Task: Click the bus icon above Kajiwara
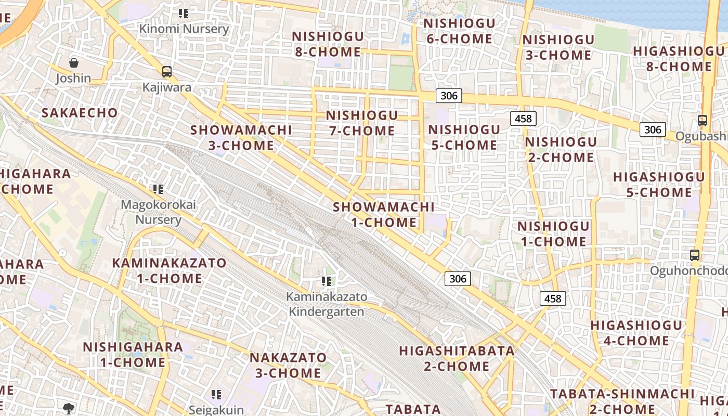166,72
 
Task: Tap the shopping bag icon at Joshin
74,63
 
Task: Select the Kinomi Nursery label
184,29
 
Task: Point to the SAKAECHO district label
80,113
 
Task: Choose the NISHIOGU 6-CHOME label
459,31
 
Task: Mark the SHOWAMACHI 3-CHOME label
241,137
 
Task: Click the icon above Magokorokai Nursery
158,189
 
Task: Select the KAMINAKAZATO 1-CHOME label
170,270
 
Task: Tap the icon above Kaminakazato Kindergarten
327,281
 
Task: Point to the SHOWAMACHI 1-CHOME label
384,215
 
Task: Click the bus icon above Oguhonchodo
695,255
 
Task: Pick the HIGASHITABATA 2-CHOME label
457,358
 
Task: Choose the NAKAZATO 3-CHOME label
288,365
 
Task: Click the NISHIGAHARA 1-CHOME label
133,354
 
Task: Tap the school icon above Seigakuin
216,395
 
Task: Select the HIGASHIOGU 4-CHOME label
632,333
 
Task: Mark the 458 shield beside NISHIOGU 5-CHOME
523,119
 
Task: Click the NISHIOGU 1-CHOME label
553,233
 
